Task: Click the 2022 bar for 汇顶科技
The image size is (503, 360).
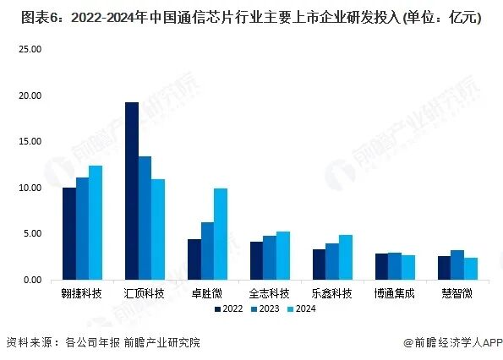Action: tap(132, 191)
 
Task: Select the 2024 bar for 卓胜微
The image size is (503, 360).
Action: tap(221, 234)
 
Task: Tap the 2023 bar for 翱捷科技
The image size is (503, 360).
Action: tap(82, 228)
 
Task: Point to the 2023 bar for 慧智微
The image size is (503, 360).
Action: tap(457, 265)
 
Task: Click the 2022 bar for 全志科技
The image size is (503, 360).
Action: tap(256, 260)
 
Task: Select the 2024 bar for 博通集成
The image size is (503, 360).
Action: tap(408, 267)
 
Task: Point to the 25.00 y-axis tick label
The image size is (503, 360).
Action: tap(30, 50)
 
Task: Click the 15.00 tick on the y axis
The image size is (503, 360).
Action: tap(30, 142)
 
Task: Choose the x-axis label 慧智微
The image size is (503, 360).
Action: tap(457, 293)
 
